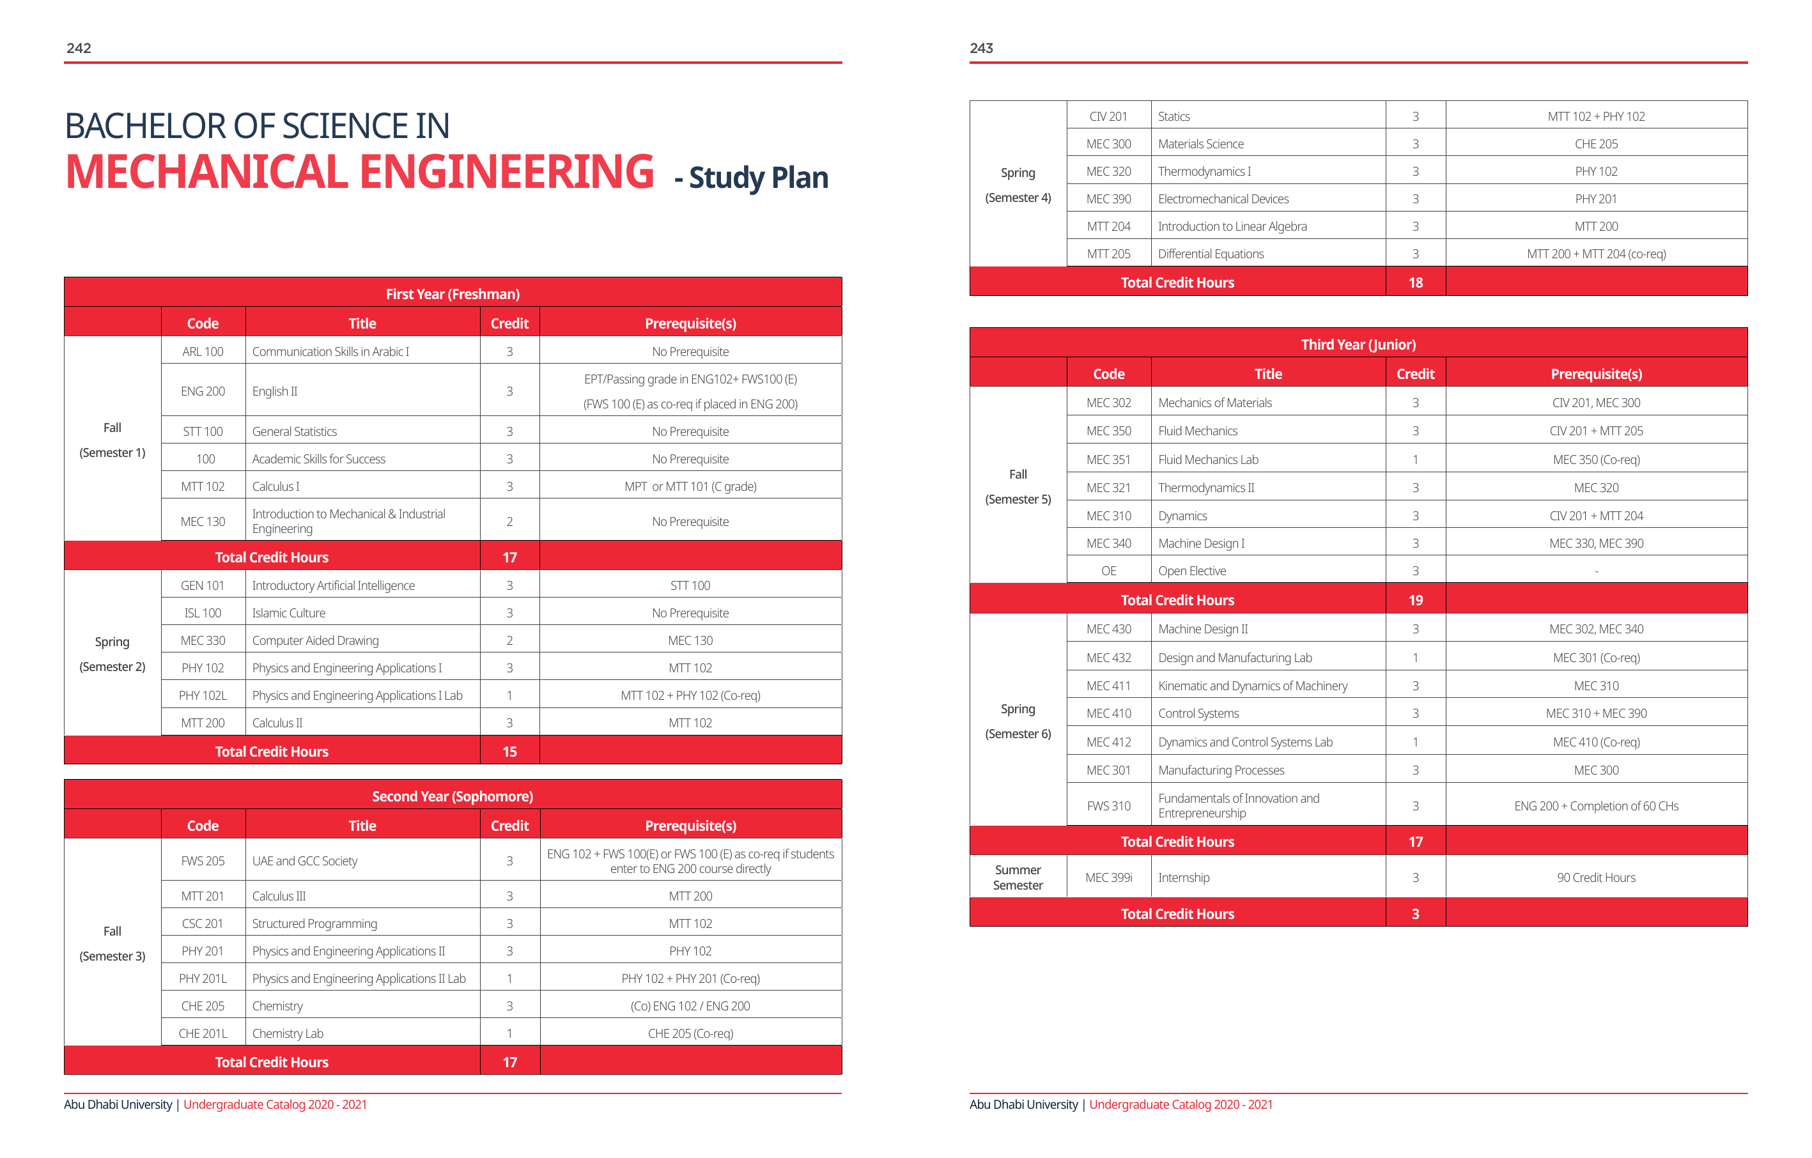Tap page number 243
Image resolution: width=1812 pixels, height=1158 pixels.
tap(981, 48)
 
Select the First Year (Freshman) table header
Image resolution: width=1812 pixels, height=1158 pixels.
tap(453, 293)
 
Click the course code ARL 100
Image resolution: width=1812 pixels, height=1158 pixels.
tap(203, 351)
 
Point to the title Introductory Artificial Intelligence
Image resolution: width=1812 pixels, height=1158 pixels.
tap(334, 585)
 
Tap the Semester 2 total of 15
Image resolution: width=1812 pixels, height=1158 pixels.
tap(509, 752)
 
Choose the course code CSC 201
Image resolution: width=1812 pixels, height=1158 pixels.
tap(203, 923)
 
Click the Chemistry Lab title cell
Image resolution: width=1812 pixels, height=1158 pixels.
tap(288, 1033)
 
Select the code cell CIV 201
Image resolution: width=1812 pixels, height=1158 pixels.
tap(1108, 116)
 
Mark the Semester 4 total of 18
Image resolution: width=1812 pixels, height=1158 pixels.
tap(1416, 283)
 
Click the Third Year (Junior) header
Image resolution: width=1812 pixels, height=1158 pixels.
tap(1358, 344)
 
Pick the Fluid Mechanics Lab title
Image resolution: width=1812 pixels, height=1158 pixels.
tap(1208, 459)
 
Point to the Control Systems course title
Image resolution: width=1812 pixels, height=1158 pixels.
tap(1198, 713)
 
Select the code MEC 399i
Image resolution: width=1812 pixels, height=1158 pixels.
tap(1108, 877)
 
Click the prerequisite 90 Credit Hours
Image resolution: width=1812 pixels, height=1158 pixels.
tap(1596, 877)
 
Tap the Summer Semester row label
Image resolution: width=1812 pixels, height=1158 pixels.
tap(1018, 877)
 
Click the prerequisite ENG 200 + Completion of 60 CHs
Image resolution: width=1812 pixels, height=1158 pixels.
tap(1596, 806)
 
